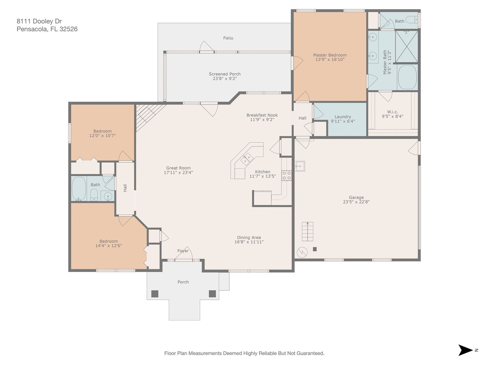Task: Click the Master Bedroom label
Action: pos(330,55)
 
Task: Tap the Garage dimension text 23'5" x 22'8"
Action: pos(356,202)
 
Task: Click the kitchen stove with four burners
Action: pos(287,176)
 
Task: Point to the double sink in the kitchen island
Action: pos(247,159)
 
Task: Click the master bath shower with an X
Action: pos(406,46)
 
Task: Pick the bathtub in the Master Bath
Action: pos(407,77)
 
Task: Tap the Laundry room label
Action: pos(343,117)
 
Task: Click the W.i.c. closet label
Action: pos(393,112)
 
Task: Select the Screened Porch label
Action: pos(224,74)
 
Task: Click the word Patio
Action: pos(228,38)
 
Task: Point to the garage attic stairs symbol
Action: pos(307,231)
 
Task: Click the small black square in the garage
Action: pos(315,249)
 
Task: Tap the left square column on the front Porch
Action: pos(155,294)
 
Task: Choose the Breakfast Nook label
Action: pos(262,115)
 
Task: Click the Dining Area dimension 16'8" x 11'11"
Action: pos(249,242)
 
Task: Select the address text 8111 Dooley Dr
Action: pos(39,21)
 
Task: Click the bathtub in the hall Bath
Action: pos(79,189)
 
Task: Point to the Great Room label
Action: pos(178,168)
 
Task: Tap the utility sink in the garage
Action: pos(300,166)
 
